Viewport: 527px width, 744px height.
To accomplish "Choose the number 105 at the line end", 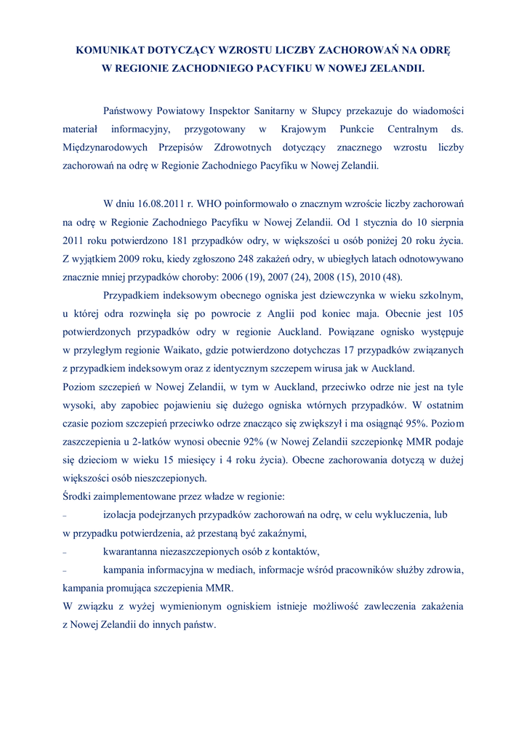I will (x=454, y=314).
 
